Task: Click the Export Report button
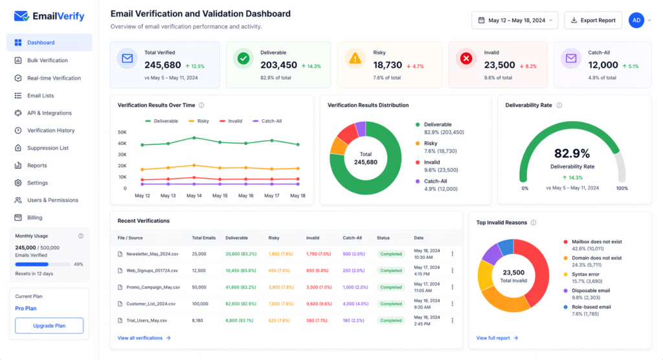(x=593, y=20)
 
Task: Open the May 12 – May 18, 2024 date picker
(x=515, y=20)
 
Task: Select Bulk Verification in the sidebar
(x=47, y=60)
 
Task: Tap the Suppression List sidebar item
(x=47, y=148)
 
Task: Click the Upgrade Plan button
(x=49, y=326)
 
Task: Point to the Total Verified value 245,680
(x=163, y=65)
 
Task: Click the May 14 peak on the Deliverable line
(x=194, y=138)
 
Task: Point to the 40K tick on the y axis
(x=122, y=155)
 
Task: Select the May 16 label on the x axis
(x=245, y=196)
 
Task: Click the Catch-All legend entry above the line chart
(x=267, y=121)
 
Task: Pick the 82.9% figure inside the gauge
(x=572, y=153)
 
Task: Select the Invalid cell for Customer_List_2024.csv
(x=318, y=304)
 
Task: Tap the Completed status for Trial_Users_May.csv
(x=391, y=321)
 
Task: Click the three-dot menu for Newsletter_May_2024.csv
(x=452, y=254)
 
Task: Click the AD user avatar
(x=636, y=20)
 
